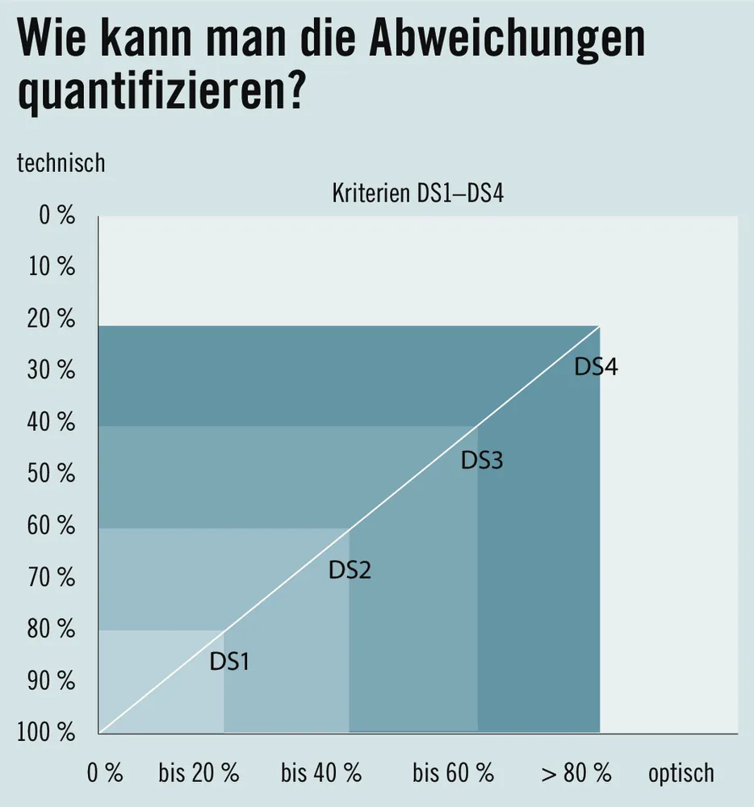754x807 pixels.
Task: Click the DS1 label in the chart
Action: (x=229, y=663)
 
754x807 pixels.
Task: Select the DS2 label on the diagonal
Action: (x=350, y=571)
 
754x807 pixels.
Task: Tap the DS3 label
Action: (x=482, y=461)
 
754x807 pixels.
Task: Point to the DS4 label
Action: (x=596, y=366)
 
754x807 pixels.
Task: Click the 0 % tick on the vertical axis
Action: (x=57, y=215)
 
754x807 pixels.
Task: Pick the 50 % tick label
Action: (x=52, y=474)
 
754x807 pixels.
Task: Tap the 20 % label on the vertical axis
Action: (x=52, y=320)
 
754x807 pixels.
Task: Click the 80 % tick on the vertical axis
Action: (x=52, y=629)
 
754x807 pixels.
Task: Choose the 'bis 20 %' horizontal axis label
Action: (x=199, y=773)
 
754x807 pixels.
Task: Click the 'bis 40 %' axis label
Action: (x=320, y=773)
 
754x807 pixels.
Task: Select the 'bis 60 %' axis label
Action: (x=453, y=773)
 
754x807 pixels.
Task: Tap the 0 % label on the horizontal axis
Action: (x=105, y=773)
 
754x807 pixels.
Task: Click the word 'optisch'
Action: (x=681, y=773)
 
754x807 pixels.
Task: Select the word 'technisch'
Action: (x=61, y=162)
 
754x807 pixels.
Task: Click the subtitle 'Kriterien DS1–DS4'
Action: (x=417, y=194)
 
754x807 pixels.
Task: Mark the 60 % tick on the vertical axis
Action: (x=52, y=526)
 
